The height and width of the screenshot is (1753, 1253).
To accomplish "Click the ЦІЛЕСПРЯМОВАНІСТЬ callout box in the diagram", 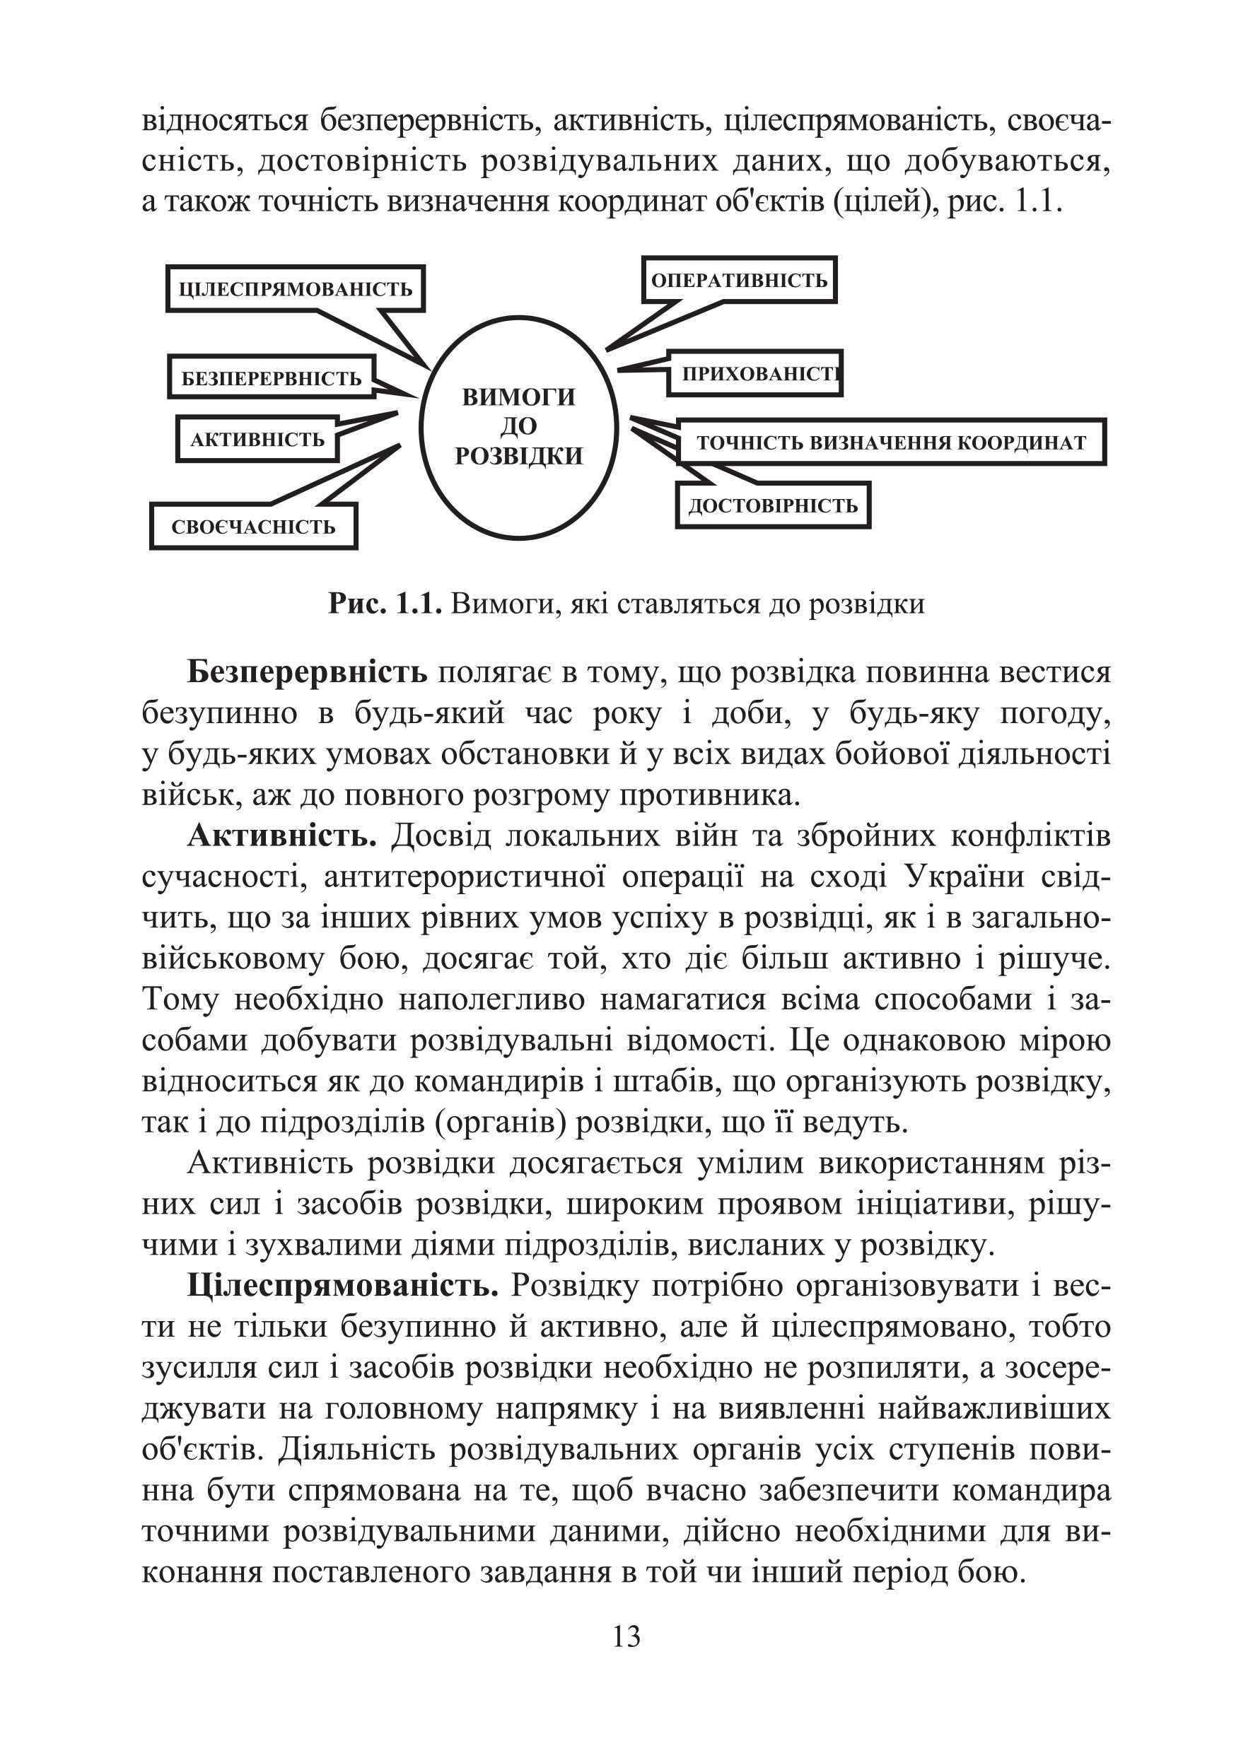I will [296, 290].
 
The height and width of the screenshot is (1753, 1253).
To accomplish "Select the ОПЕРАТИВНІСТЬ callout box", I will [739, 280].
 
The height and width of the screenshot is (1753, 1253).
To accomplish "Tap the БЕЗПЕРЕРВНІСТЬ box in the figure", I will [272, 378].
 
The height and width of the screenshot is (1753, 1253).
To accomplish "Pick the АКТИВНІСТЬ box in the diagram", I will [257, 440].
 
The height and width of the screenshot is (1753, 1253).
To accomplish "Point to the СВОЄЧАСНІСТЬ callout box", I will [253, 527].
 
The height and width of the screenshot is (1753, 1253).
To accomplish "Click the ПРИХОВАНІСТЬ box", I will [754, 374].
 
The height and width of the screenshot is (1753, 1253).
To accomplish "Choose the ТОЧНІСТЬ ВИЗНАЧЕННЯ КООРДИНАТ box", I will [891, 442].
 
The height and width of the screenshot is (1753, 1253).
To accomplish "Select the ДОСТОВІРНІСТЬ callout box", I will [773, 506].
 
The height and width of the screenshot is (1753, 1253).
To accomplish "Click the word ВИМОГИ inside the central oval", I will [518, 397].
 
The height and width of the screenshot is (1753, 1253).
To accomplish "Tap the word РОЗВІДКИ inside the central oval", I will [518, 457].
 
